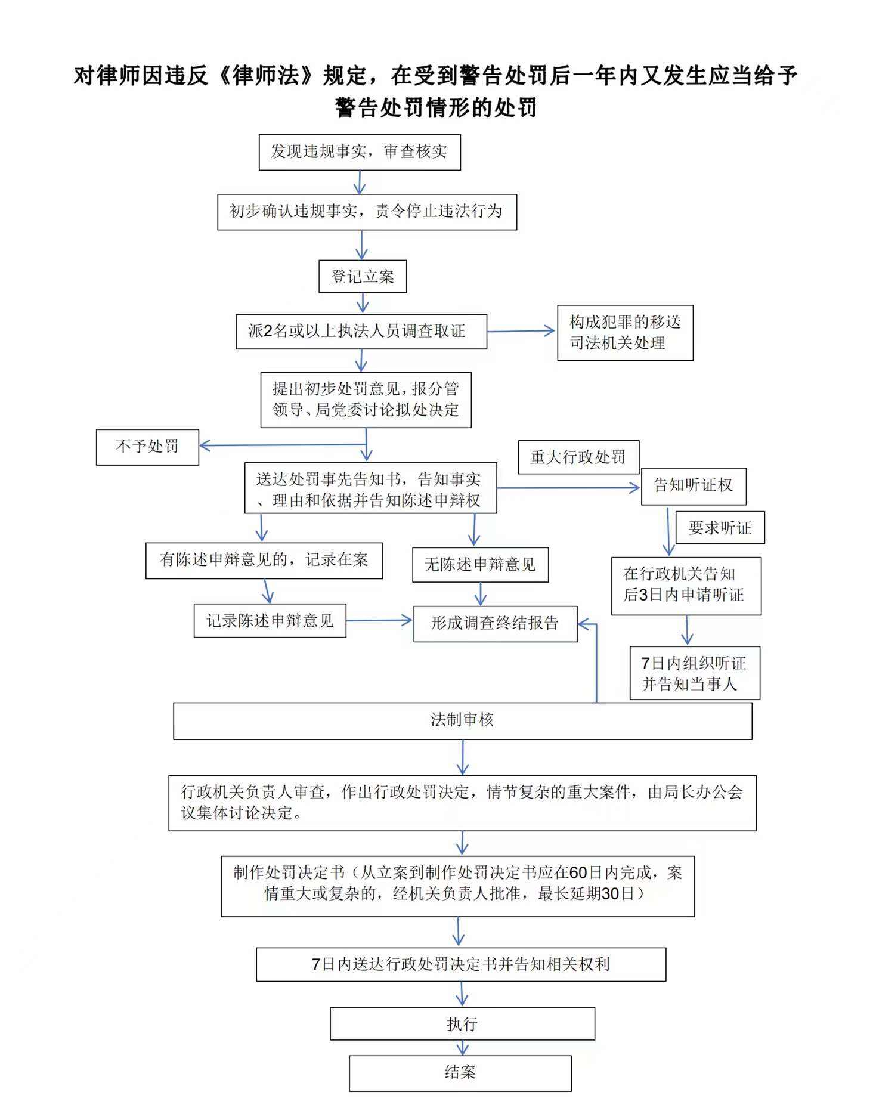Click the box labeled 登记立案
363,276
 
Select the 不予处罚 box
147,447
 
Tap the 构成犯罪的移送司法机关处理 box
625,333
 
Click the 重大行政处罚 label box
578,457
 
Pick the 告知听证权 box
694,485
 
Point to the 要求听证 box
720,528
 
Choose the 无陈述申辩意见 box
480,565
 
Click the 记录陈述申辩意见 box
270,621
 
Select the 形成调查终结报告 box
495,624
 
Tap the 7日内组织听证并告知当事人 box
695,673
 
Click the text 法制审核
462,720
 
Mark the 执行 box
462,1024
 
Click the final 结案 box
460,1073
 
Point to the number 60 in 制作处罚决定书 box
578,873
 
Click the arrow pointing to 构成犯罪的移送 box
521,331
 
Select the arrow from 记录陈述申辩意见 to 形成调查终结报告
379,621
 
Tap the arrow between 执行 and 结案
462,1048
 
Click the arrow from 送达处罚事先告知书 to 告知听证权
568,488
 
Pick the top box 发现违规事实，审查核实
360,152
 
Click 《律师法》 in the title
266,76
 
